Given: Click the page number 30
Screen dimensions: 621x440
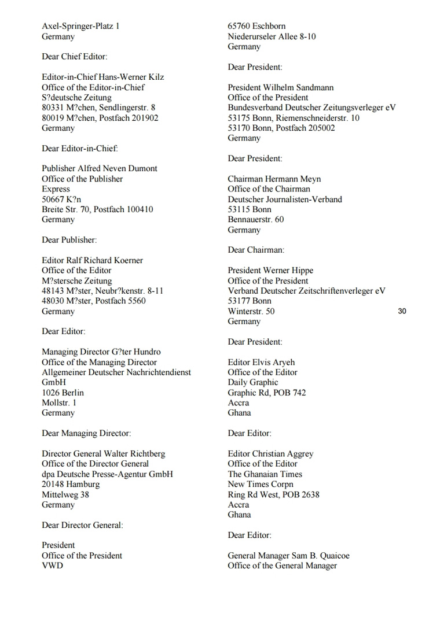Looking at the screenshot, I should click(x=402, y=311).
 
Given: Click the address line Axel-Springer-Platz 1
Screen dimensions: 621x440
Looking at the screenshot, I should click(x=80, y=26).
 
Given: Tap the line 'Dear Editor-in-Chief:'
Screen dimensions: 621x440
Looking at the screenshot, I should click(x=80, y=149).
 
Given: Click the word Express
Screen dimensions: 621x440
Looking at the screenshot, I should click(x=56, y=189).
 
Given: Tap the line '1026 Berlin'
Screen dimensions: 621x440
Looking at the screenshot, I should click(x=63, y=393).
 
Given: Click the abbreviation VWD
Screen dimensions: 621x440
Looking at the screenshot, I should click(x=52, y=565).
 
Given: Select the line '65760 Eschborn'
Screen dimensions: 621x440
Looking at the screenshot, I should click(x=256, y=26).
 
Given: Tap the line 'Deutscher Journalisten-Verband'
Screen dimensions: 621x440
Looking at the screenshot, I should click(x=285, y=199).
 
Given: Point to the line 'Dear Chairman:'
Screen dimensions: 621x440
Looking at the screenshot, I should click(x=256, y=250).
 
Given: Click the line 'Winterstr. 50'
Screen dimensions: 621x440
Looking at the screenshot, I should click(x=251, y=311).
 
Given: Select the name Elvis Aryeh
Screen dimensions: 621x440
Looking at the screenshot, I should click(x=274, y=363).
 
